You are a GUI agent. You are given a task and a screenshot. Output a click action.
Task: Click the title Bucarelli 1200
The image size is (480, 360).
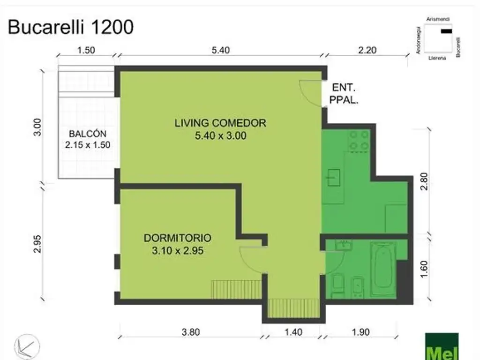[71, 27]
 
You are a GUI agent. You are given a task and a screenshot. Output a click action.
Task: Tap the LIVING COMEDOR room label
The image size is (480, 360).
[220, 123]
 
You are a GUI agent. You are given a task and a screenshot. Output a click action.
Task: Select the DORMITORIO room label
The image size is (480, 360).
[178, 238]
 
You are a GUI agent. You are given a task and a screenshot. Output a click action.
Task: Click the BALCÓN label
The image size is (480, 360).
[88, 134]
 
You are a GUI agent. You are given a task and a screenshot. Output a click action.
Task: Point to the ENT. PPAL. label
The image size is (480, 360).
[344, 94]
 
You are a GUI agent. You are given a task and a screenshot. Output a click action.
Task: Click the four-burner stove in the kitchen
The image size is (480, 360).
[359, 140]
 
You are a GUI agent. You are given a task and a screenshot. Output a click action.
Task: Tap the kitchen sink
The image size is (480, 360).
[333, 177]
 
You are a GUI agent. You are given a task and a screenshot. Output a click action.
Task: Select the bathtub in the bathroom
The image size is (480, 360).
[383, 269]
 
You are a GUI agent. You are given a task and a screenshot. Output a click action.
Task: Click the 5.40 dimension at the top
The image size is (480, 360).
[220, 50]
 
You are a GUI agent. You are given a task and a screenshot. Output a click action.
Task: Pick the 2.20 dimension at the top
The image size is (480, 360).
[367, 50]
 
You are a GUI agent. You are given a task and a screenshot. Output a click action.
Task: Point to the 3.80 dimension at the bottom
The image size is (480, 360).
[191, 332]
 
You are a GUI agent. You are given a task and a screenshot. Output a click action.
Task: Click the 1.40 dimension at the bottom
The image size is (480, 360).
[293, 332]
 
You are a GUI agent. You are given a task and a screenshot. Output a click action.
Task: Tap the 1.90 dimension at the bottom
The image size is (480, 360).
[360, 332]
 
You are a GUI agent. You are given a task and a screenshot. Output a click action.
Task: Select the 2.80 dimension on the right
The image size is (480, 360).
[424, 181]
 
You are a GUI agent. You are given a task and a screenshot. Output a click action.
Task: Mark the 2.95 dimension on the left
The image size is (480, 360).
[37, 244]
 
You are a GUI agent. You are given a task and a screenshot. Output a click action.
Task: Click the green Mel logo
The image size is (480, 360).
[442, 346]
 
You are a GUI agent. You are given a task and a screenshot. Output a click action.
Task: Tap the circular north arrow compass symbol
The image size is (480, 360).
[27, 346]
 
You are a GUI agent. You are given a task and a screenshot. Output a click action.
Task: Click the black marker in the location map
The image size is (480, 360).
[446, 31]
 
